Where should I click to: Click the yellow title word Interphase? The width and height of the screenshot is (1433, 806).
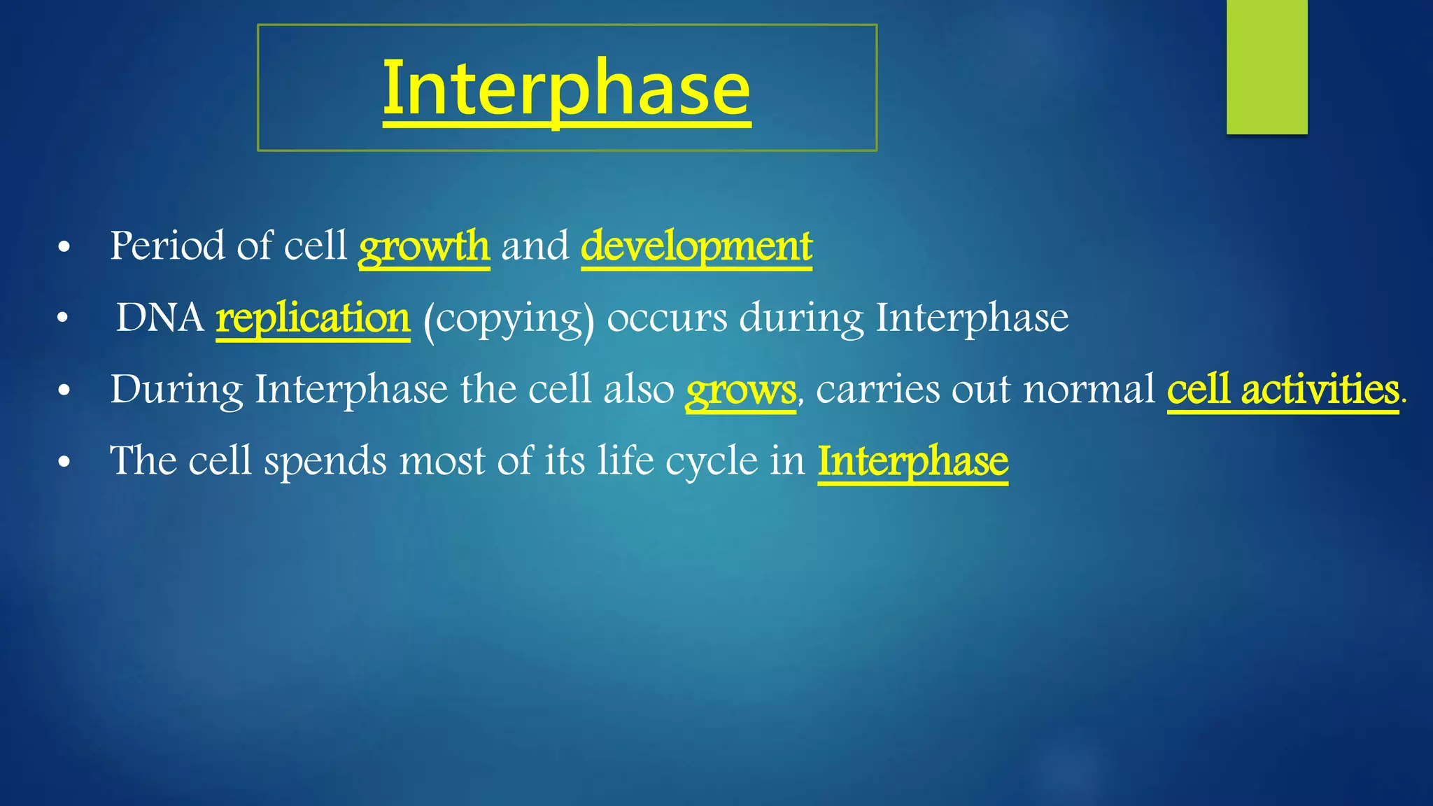point(567,89)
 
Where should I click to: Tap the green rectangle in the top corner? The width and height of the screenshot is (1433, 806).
point(1266,66)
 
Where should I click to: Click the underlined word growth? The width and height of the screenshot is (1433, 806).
point(424,246)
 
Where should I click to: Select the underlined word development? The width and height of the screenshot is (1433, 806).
point(696,246)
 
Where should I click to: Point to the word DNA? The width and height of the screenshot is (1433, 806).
point(160,318)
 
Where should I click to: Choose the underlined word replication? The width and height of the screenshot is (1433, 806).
point(313,318)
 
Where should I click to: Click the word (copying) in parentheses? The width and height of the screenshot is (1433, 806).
point(509,319)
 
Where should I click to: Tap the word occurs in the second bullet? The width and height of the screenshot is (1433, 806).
point(666,318)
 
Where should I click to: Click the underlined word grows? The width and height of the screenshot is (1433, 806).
point(740,390)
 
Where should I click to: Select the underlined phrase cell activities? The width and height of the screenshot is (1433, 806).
point(1283,390)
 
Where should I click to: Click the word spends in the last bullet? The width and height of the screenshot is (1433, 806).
point(325,461)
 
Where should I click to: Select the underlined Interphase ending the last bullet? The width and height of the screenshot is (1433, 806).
point(913,461)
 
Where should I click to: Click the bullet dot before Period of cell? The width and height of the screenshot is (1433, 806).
point(64,248)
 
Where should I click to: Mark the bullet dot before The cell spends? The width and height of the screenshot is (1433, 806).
point(64,462)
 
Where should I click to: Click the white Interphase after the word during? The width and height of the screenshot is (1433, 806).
point(972,318)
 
